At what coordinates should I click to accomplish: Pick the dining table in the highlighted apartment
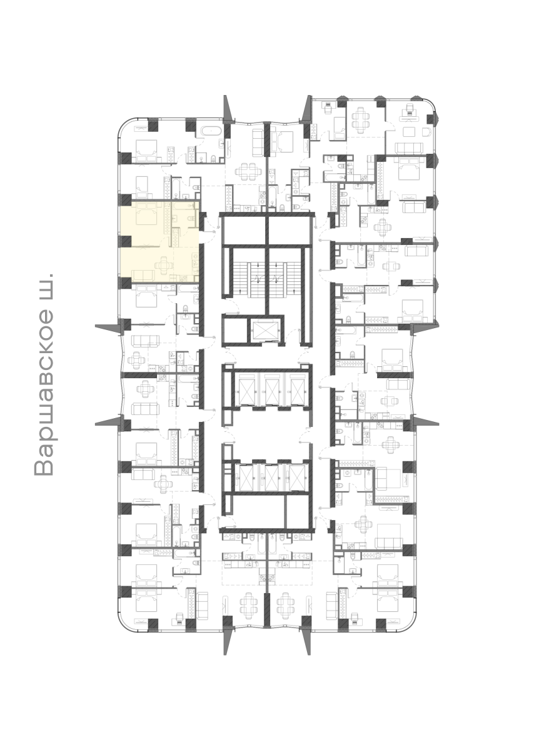164,266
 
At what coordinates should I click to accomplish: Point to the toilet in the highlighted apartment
191,218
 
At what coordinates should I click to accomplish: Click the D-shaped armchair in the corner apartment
427,132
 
